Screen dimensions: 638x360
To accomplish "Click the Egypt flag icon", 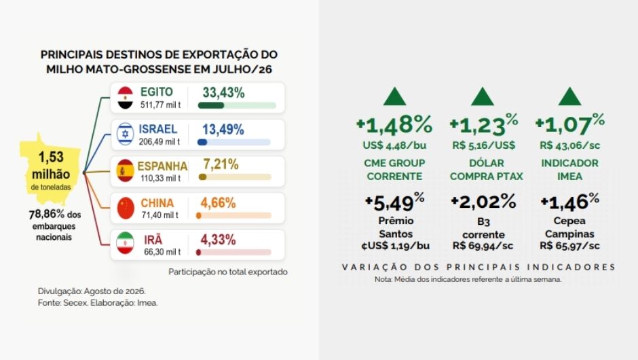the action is coord(126,98).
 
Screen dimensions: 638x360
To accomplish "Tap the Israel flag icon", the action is coord(126,134).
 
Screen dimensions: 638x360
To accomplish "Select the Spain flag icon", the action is coord(126,170).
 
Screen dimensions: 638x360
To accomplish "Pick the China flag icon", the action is coord(126,208).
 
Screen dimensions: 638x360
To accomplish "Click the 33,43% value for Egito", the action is coord(223,93).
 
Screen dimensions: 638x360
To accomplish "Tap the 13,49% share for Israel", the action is coord(223,130).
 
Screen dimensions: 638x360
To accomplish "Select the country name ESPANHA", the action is coord(162,166).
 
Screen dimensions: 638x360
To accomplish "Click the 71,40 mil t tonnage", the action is coord(160,215).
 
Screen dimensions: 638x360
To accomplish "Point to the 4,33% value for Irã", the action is coord(218,240).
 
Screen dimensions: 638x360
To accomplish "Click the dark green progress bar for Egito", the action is coord(211,105).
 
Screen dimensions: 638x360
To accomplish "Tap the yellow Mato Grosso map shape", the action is coord(50,168).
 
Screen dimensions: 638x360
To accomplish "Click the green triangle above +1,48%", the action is coord(395,96).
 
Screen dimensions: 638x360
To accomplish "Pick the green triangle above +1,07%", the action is coord(569,96).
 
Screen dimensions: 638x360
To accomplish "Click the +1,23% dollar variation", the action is coord(484,124).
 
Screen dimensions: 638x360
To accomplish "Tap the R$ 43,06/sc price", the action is coord(569,145).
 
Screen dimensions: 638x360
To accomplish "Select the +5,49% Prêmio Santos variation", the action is coord(395,202).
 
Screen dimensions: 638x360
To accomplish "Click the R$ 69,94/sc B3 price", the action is coord(483,246).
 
